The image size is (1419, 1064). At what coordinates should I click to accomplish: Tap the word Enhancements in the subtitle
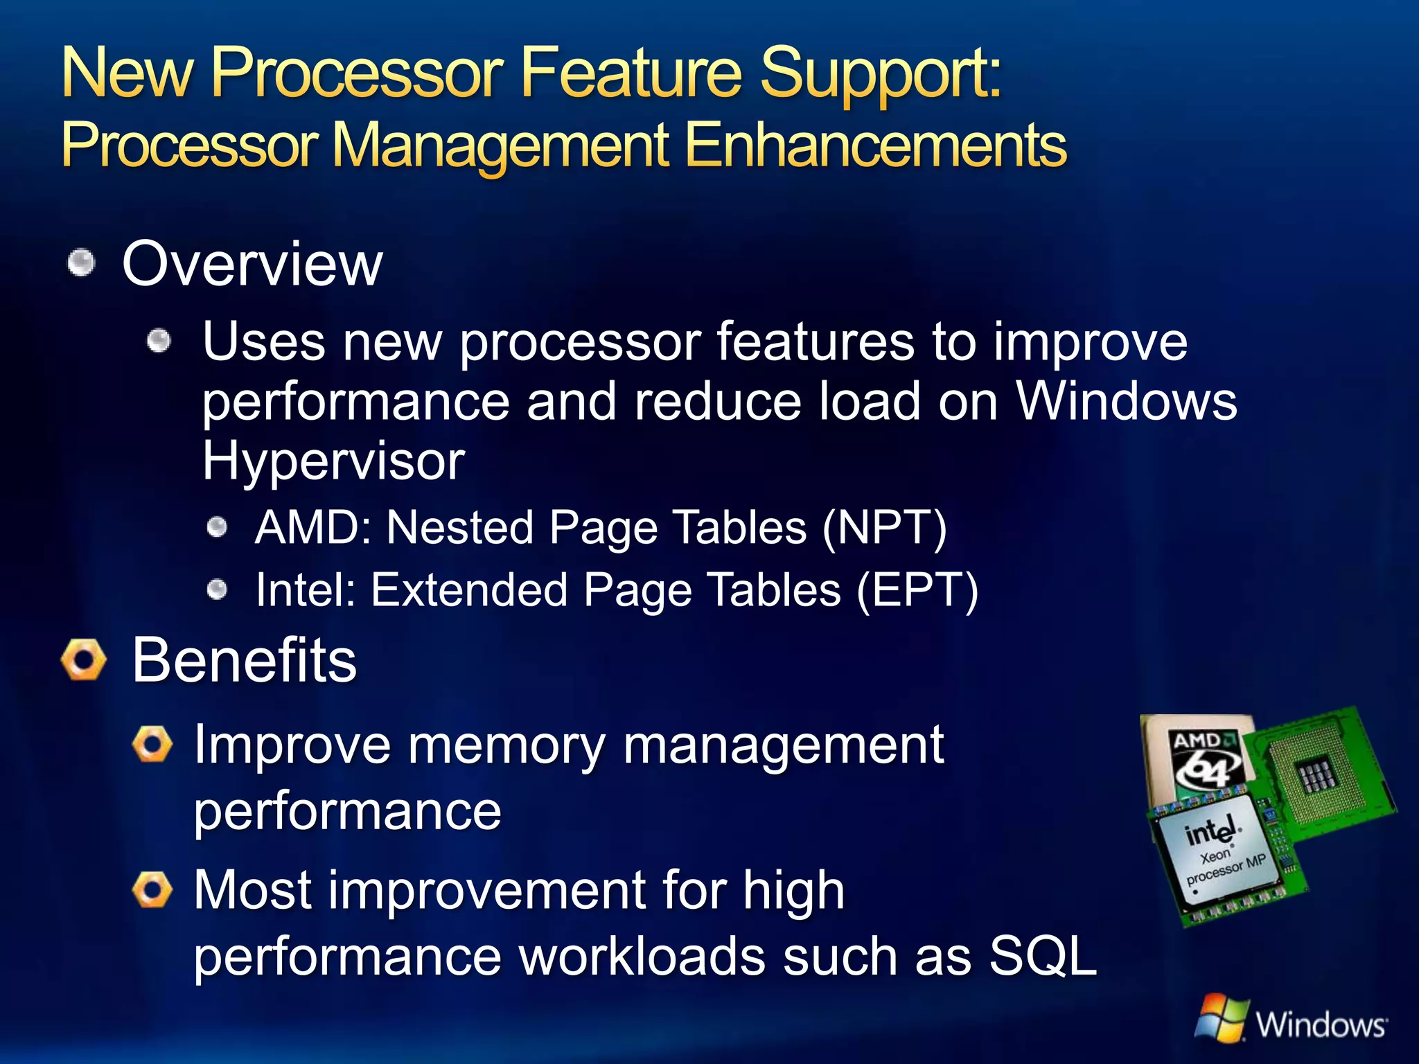pos(876,145)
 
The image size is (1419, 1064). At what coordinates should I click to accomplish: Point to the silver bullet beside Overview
pos(82,263)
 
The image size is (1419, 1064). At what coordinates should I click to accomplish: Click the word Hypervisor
pos(333,461)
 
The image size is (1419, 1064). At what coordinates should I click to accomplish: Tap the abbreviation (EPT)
pos(917,590)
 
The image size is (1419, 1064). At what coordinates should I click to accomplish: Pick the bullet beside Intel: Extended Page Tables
pos(218,590)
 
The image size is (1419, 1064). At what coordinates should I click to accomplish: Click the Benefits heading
pos(245,660)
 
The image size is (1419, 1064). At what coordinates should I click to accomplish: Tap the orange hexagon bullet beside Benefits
pos(84,659)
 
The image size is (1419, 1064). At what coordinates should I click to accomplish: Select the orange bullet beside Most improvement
pos(152,889)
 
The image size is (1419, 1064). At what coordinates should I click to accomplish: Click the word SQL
pos(1043,956)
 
